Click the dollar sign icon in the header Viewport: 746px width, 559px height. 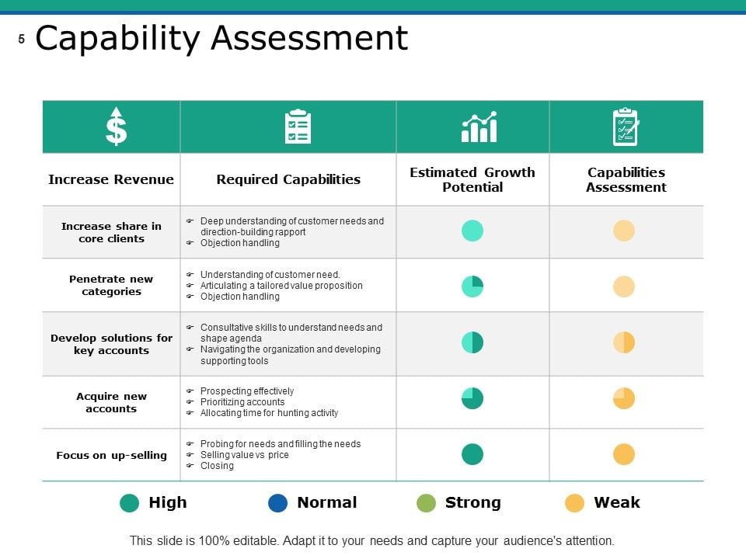click(x=116, y=126)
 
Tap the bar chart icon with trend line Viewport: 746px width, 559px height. click(x=479, y=127)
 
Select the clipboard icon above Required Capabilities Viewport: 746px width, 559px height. click(x=298, y=127)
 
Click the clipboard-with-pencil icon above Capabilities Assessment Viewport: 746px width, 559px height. click(x=626, y=127)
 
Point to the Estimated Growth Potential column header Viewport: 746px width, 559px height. click(x=472, y=179)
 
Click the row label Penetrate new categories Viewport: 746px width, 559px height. click(x=111, y=285)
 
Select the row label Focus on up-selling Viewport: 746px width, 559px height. click(x=111, y=456)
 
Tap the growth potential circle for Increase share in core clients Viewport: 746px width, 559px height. click(x=472, y=231)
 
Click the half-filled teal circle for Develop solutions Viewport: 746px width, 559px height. click(x=472, y=342)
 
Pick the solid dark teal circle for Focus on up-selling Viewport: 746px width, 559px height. click(x=472, y=454)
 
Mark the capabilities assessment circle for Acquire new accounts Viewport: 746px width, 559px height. click(x=624, y=398)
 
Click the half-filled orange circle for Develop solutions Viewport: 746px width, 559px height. click(x=624, y=342)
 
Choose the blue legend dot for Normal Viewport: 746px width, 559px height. click(x=278, y=503)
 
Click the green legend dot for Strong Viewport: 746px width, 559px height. click(x=426, y=503)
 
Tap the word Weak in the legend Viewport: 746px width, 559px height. click(x=617, y=502)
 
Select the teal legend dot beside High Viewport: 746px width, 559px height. click(x=130, y=503)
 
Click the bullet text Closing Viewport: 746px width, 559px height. click(x=217, y=466)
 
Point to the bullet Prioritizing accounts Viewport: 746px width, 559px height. click(x=242, y=402)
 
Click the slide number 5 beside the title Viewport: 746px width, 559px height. click(x=22, y=39)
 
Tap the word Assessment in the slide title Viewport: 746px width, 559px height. click(x=310, y=38)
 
